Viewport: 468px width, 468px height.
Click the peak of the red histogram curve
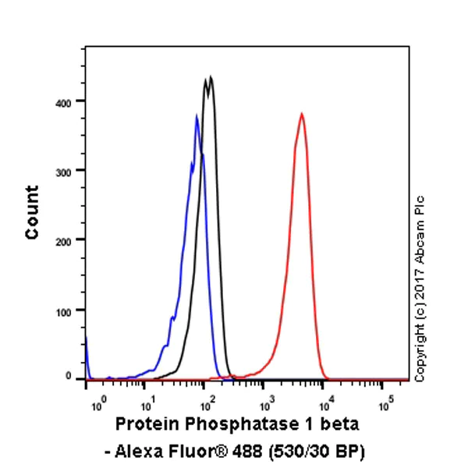click(x=301, y=114)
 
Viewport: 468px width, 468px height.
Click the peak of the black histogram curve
click(x=210, y=76)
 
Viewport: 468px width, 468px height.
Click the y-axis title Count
click(x=32, y=212)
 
